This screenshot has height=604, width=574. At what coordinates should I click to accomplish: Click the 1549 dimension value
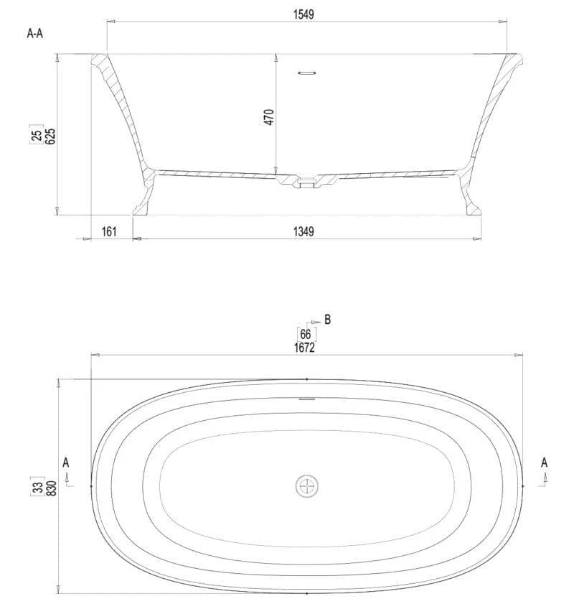click(x=304, y=14)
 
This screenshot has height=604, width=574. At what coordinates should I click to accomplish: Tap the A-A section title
click(x=35, y=34)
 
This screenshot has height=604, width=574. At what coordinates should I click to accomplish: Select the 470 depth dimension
click(x=269, y=117)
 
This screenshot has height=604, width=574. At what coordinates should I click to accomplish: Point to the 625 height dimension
click(x=50, y=136)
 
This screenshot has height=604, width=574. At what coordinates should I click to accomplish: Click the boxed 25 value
click(x=37, y=135)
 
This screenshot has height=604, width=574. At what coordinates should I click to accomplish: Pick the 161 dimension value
click(x=109, y=231)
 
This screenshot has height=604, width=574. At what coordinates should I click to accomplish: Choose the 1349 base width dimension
click(x=304, y=231)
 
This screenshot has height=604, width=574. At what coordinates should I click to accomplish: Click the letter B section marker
click(x=327, y=320)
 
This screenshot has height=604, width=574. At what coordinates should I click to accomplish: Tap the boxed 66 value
click(x=306, y=334)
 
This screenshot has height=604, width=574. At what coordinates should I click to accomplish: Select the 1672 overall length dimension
click(x=304, y=348)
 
